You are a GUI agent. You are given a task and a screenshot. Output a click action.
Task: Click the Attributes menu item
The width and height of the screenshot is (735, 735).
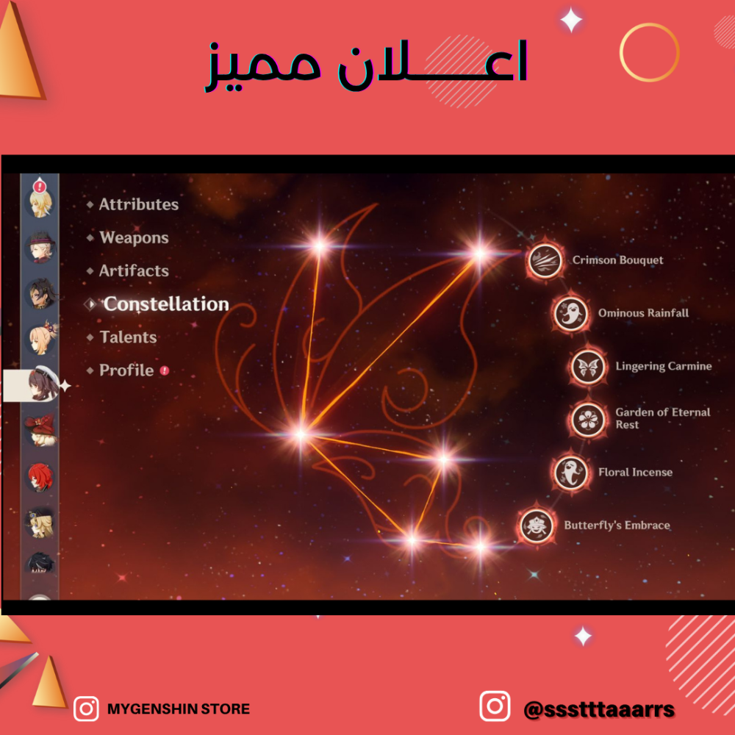point(139,204)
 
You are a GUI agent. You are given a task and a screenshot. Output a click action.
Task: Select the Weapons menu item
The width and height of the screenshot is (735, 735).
point(134,237)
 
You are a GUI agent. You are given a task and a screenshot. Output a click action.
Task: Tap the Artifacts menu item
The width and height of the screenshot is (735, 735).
point(134,271)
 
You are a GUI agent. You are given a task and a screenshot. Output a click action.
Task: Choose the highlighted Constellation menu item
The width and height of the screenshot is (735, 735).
point(166,304)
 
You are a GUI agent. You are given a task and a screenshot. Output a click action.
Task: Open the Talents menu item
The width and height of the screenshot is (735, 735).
point(129,337)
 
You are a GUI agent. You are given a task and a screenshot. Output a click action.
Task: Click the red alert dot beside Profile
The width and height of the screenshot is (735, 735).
point(165,370)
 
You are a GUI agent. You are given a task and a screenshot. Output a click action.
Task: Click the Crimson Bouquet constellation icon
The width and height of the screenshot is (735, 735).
point(545,261)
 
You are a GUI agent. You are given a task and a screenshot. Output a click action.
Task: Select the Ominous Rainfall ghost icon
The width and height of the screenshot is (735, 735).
point(570,314)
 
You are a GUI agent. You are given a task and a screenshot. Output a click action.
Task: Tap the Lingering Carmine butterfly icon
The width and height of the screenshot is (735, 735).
point(588,367)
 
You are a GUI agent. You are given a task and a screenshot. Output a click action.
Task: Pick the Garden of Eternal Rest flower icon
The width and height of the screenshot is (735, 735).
point(588,420)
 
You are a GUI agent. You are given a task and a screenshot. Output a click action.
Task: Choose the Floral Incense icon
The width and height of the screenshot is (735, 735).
point(570,473)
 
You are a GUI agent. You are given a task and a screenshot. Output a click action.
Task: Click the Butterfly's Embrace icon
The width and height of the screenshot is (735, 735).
point(537,526)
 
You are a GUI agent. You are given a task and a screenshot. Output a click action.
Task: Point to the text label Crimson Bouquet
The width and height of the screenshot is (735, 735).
point(618,260)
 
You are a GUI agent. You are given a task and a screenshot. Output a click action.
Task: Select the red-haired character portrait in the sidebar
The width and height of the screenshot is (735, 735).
point(40,477)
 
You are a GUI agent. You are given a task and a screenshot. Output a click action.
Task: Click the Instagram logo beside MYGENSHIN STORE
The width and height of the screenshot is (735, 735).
point(86,709)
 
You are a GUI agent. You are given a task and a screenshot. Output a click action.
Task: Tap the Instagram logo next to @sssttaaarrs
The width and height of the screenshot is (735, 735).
point(495,706)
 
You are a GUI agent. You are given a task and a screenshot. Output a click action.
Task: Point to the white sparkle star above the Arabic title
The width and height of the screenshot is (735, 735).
point(571,20)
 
